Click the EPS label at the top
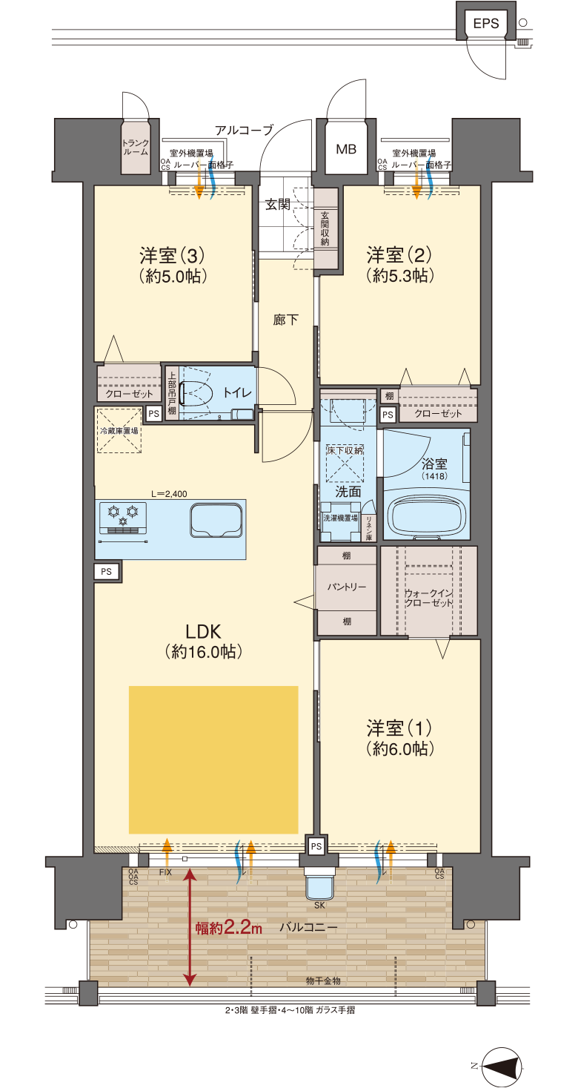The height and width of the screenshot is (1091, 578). (485, 24)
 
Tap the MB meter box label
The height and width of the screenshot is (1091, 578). (346, 149)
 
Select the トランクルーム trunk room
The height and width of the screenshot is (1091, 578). (136, 148)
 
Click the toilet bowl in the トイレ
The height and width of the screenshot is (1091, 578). (196, 393)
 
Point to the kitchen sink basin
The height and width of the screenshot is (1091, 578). (216, 521)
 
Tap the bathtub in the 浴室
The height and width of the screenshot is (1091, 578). (426, 517)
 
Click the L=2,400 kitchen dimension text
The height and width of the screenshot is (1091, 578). (169, 493)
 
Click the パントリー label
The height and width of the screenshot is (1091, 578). (346, 587)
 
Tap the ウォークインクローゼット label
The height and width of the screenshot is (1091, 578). (428, 598)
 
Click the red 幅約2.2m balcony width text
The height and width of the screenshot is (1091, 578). (229, 928)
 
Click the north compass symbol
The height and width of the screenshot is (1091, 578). (501, 1067)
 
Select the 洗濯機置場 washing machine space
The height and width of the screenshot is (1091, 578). (341, 519)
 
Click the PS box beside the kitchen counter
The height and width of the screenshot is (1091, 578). (107, 571)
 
